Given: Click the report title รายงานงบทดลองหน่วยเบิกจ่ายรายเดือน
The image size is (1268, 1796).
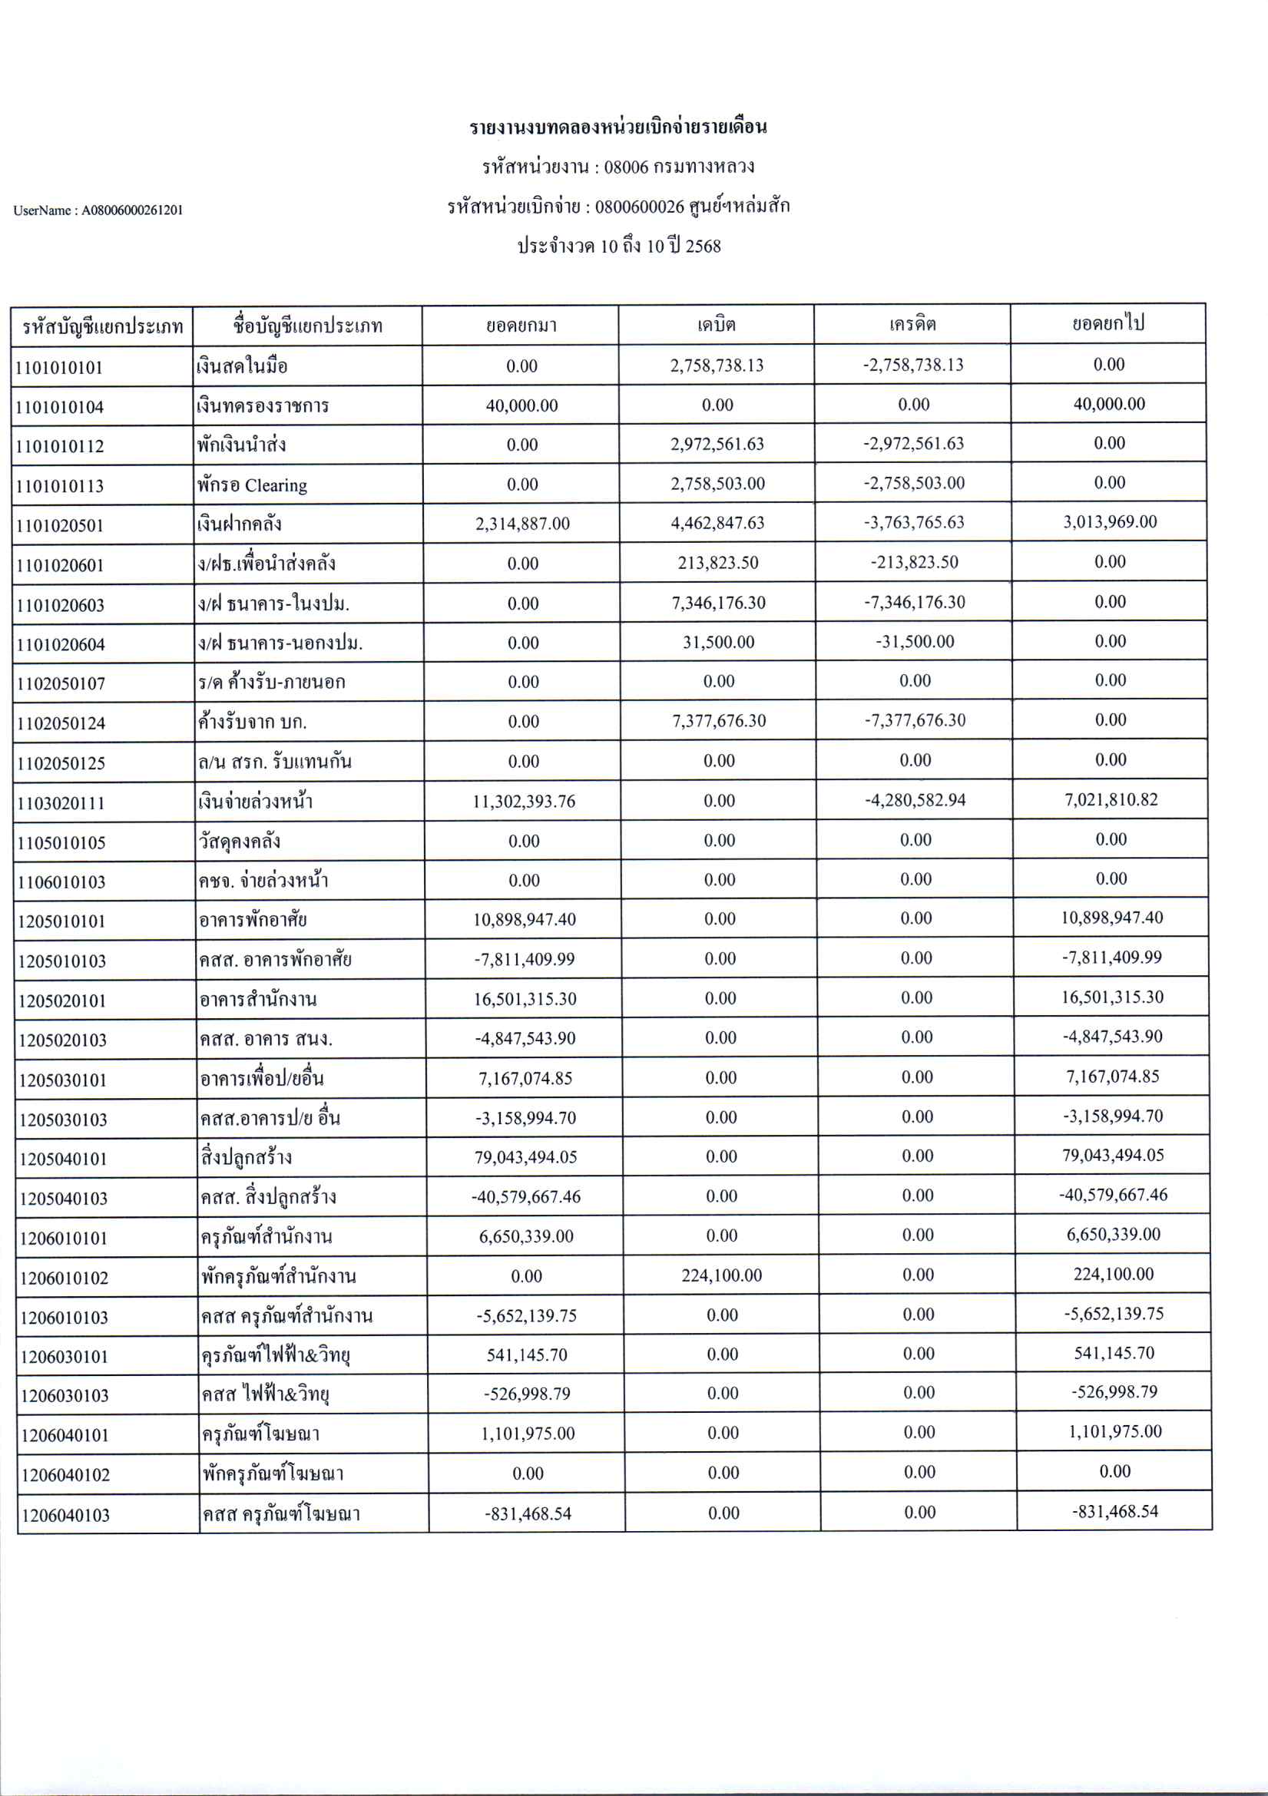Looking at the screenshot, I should [618, 127].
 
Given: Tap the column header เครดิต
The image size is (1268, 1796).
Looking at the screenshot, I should [912, 324].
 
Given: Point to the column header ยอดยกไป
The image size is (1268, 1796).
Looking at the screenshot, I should [1108, 323].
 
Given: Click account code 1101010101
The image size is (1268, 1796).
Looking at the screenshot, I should [59, 368].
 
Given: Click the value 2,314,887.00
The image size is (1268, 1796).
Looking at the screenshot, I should [522, 524].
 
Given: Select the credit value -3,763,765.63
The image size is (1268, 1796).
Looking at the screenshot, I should [914, 523].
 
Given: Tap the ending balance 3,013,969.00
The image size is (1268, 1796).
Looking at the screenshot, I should [1109, 521].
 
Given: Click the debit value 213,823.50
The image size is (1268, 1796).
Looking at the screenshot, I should [718, 562].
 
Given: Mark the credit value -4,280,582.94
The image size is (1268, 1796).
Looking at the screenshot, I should [915, 800].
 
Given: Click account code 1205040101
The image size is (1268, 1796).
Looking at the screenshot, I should [62, 1159].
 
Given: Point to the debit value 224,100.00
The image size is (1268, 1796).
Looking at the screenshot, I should [721, 1275].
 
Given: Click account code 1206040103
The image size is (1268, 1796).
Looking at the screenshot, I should [66, 1515].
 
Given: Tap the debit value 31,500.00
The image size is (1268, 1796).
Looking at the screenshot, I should [718, 642].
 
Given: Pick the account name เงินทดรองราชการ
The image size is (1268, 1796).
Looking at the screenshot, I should [263, 406].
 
